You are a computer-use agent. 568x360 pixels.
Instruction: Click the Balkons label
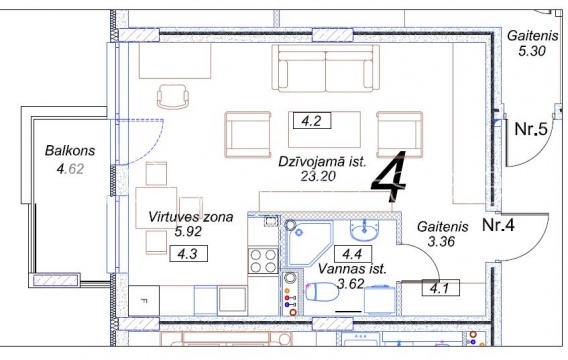70,151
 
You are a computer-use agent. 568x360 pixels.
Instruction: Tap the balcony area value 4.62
70,169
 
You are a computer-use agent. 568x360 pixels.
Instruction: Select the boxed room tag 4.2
312,121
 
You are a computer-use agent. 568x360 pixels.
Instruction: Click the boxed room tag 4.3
188,254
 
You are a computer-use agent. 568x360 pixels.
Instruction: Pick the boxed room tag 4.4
352,254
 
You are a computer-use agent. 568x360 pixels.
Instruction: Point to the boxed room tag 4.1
440,288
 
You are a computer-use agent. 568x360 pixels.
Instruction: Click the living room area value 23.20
318,176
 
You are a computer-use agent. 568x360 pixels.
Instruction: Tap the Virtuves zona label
191,217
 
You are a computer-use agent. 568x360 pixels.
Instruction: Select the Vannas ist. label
352,269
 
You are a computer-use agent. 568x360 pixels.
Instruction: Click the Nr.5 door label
531,129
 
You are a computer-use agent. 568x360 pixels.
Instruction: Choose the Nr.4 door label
498,226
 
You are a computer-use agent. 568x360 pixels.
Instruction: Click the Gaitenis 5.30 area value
531,51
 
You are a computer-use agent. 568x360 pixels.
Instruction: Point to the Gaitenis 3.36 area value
441,241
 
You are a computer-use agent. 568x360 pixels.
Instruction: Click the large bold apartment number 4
388,177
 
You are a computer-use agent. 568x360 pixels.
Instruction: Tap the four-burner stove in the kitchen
263,261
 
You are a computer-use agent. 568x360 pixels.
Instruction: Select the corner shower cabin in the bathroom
308,243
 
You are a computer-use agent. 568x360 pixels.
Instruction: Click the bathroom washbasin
364,231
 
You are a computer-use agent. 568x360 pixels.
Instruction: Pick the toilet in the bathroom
322,292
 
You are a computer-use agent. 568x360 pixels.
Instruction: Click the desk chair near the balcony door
173,96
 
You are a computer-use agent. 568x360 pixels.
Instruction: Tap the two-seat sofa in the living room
325,68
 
